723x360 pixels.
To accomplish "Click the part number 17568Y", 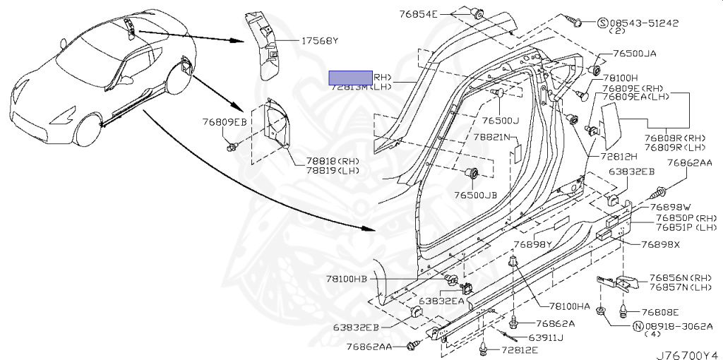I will click(320, 41).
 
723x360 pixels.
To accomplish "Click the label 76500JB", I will click(477, 194).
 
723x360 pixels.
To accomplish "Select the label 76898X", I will click(661, 244).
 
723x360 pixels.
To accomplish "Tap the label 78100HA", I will click(570, 306).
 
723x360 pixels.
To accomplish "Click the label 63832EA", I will click(441, 301).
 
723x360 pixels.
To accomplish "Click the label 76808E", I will click(660, 311).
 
